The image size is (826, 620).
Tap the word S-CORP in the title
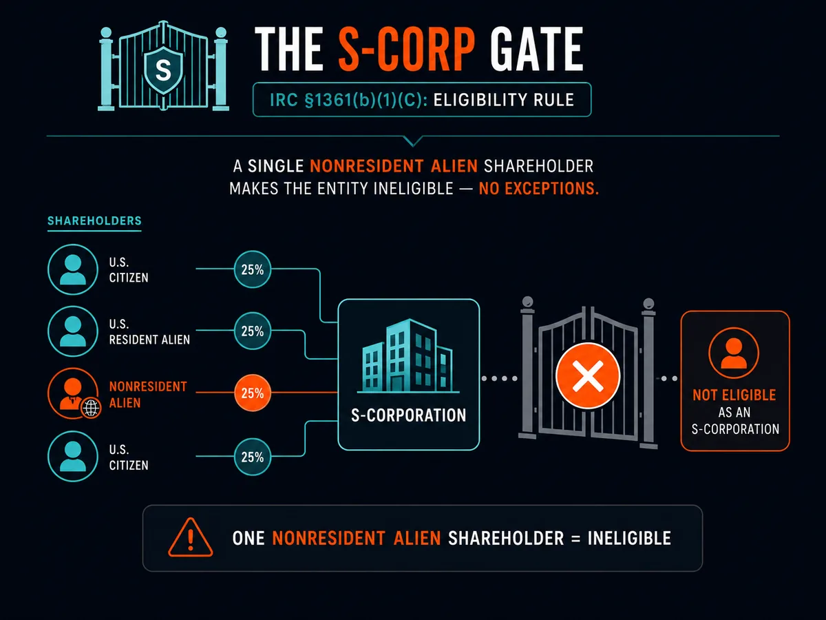(x=406, y=50)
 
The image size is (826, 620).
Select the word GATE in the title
(x=537, y=50)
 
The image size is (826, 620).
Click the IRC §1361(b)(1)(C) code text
(x=349, y=100)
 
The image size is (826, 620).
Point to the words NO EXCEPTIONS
(x=538, y=188)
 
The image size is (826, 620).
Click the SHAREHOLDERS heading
(x=94, y=220)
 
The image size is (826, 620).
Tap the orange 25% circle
(x=253, y=393)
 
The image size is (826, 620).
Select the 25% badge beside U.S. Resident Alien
(x=253, y=331)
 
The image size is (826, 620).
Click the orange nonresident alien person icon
(x=73, y=393)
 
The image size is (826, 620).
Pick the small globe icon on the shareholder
(x=91, y=408)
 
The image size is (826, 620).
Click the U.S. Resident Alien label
(x=149, y=331)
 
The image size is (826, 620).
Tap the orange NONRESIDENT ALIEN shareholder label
(x=148, y=395)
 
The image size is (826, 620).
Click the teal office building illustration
(x=408, y=355)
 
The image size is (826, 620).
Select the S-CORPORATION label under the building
(x=409, y=415)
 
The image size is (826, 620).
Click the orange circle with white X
(x=588, y=375)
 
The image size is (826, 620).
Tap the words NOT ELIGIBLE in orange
(x=734, y=395)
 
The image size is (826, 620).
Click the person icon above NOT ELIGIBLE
(x=734, y=353)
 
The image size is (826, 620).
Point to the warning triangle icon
(x=191, y=537)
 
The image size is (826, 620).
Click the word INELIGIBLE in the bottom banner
(x=629, y=538)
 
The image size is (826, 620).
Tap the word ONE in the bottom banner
(x=248, y=538)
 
